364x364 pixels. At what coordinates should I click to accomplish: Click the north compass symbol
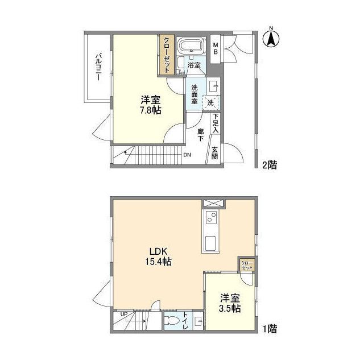(x=271, y=38)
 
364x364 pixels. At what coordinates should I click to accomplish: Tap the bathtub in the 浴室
(x=191, y=45)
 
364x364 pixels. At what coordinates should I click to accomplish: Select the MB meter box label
(x=216, y=48)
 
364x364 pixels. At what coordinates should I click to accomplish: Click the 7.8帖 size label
(x=151, y=110)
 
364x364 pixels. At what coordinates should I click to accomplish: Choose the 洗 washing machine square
(x=210, y=103)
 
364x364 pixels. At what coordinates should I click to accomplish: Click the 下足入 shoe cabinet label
(x=216, y=123)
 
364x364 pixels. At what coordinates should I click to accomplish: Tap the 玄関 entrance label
(x=215, y=153)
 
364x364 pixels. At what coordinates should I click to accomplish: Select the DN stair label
(x=187, y=155)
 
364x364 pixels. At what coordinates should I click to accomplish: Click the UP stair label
(x=124, y=314)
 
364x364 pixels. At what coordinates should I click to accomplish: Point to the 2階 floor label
(x=270, y=165)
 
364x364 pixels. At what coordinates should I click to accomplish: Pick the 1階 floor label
(x=270, y=329)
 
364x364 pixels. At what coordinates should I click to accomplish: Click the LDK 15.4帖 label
(x=159, y=257)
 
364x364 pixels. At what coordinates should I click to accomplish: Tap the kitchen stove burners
(x=211, y=217)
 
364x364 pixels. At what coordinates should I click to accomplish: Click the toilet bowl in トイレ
(x=173, y=321)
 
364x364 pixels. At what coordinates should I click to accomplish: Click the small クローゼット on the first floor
(x=247, y=265)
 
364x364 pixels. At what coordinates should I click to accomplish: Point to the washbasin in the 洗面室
(x=213, y=86)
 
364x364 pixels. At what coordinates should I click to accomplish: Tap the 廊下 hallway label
(x=200, y=135)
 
